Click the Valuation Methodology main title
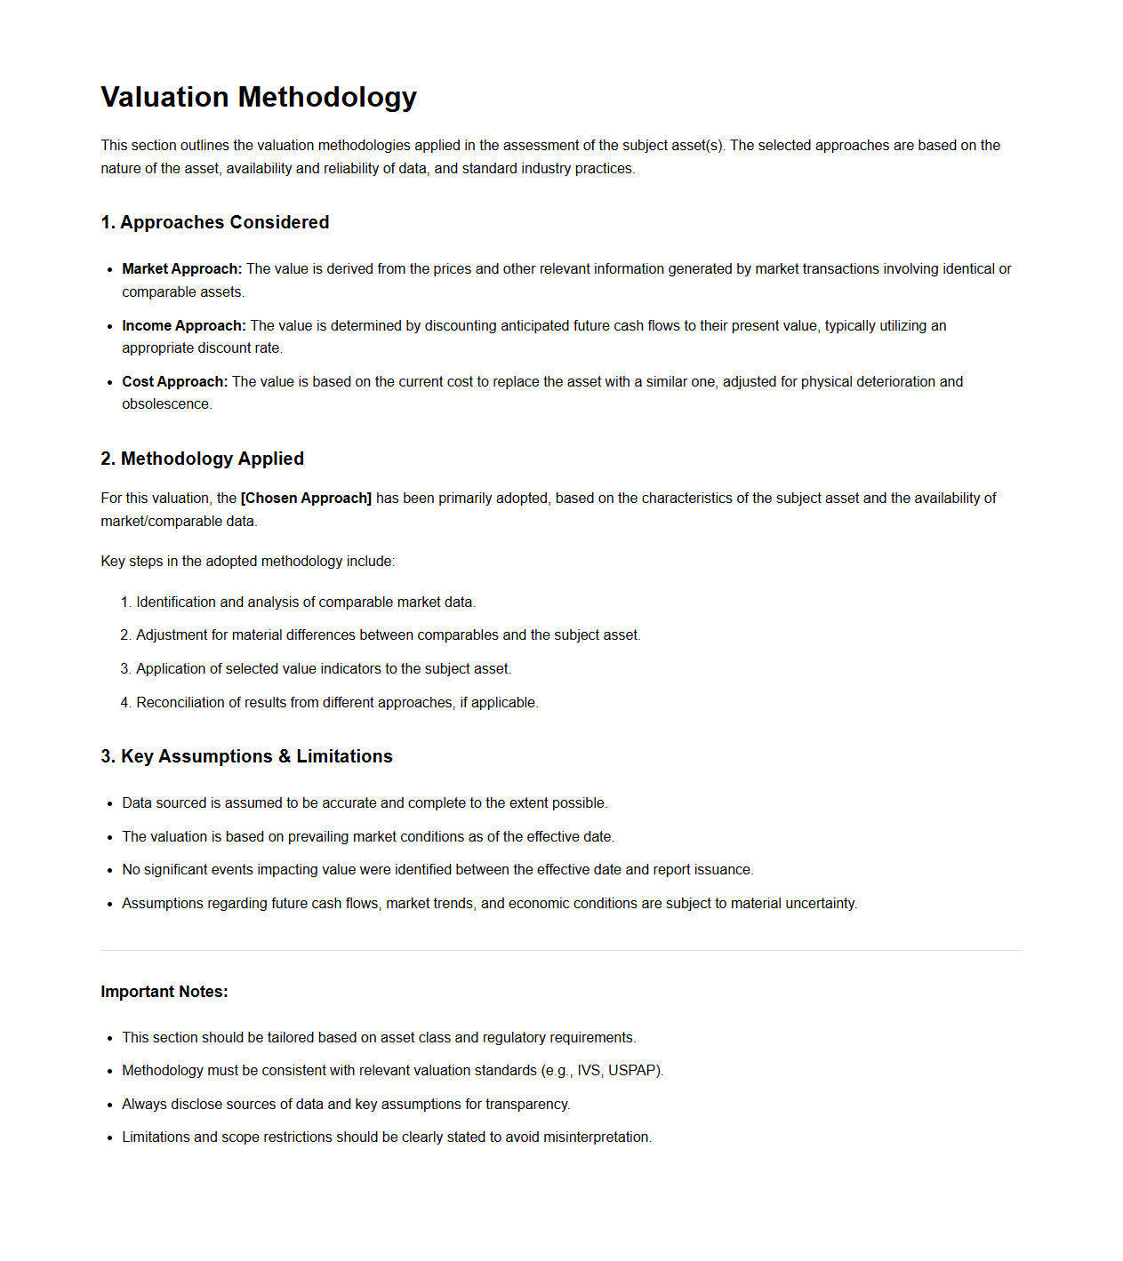pos(259,97)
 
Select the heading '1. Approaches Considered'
pos(214,222)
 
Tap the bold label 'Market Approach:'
pos(181,269)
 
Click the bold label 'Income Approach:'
pos(184,326)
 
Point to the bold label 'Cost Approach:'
pos(174,382)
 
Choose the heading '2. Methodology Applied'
pos(202,459)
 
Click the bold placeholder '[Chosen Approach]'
pos(306,499)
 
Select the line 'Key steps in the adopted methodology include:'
pos(247,562)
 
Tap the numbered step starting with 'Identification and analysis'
pos(305,603)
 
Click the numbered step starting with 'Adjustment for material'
pos(388,635)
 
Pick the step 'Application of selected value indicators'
pos(323,669)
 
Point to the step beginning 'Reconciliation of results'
pos(336,703)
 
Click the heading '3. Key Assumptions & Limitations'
pos(246,756)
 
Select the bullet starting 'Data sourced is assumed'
pos(365,803)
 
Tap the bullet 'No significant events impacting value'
pos(437,870)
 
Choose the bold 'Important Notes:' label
pos(164,992)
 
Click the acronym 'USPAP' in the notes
pos(633,1071)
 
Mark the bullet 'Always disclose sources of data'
pos(345,1105)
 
